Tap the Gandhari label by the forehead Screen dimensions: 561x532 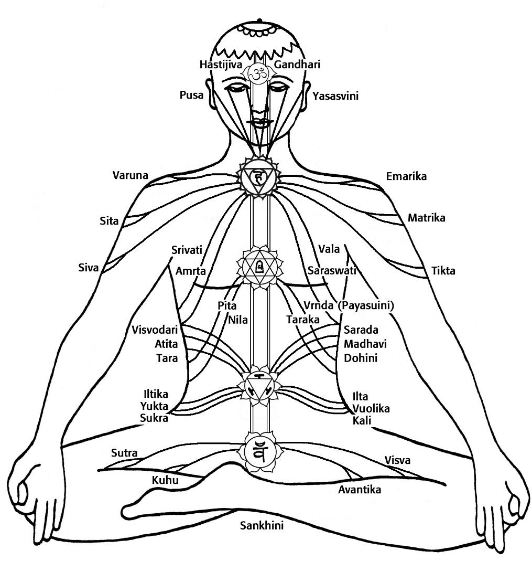pyautogui.click(x=297, y=65)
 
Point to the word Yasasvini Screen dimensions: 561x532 pyautogui.click(x=335, y=96)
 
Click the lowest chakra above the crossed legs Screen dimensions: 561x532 pyautogui.click(x=258, y=451)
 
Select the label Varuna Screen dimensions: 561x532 pyautogui.click(x=131, y=175)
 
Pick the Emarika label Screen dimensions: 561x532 pyautogui.click(x=406, y=176)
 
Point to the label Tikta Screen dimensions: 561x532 pyautogui.click(x=443, y=271)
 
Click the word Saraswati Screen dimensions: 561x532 pyautogui.click(x=332, y=271)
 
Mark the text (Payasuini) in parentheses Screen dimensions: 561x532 pyautogui.click(x=366, y=305)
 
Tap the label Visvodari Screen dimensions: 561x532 pyautogui.click(x=155, y=330)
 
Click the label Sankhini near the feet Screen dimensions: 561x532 pyautogui.click(x=262, y=525)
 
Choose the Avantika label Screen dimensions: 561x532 pyautogui.click(x=360, y=490)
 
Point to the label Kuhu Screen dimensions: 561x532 pyautogui.click(x=165, y=480)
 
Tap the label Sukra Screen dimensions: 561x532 pyautogui.click(x=154, y=418)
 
